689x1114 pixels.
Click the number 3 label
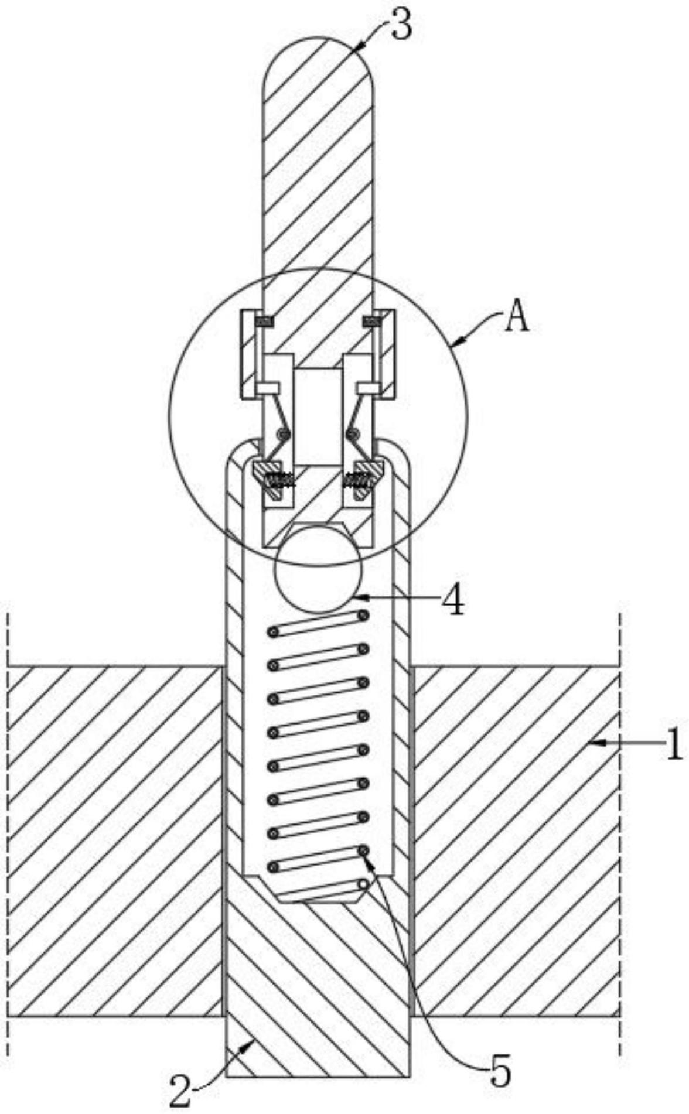(x=401, y=26)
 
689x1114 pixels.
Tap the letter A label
(x=517, y=319)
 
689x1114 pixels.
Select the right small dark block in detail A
(x=372, y=320)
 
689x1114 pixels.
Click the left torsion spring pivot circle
(x=285, y=434)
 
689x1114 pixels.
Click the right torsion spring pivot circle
(x=353, y=434)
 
